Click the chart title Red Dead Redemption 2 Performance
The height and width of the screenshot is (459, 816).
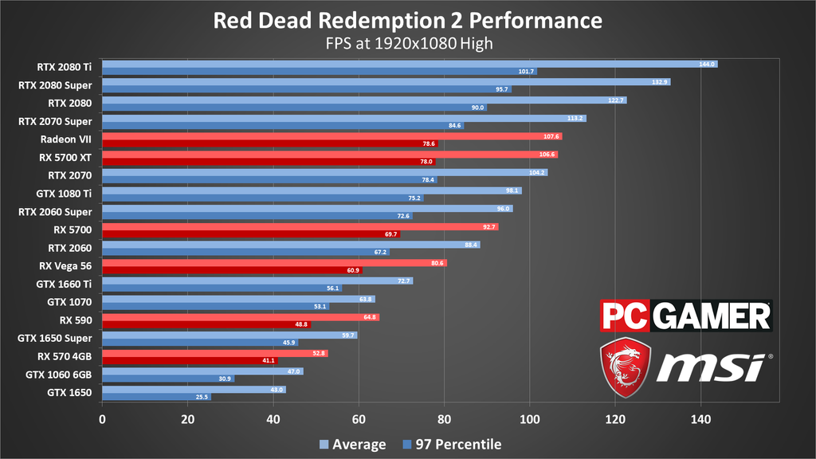407,19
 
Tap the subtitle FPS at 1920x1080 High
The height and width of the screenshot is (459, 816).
407,43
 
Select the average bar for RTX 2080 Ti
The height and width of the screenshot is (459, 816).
410,64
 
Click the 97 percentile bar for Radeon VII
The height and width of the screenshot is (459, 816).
269,144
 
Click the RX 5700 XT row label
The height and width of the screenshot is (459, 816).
65,157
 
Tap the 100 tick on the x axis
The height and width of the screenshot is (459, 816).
530,418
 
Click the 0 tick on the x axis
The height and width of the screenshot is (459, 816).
102,418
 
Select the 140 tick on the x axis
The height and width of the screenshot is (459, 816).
700,418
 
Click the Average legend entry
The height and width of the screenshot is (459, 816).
352,445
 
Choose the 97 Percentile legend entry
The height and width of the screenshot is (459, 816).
452,445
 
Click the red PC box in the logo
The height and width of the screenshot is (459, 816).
625,316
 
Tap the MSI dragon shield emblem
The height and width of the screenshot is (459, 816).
626,367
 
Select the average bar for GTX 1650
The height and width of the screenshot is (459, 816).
194,389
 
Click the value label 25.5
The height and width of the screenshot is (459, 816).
202,397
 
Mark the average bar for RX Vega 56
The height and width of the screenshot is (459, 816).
274,262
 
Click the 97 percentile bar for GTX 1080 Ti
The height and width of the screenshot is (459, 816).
262,198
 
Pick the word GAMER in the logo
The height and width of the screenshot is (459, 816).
712,316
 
